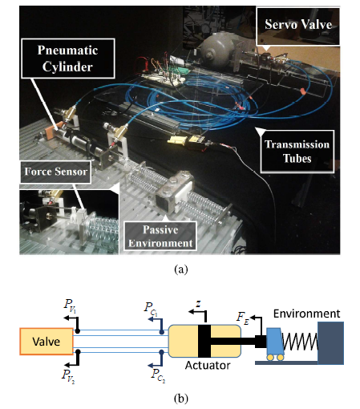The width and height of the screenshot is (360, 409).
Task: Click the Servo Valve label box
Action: pos(298,26)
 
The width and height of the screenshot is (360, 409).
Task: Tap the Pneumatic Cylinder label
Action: pos(68,59)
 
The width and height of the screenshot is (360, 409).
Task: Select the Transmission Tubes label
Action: pos(297,152)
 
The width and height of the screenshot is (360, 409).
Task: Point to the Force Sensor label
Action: pos(55,172)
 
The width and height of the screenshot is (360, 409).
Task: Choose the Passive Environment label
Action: pos(160,237)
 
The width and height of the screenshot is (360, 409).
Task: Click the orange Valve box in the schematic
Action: pos(47,342)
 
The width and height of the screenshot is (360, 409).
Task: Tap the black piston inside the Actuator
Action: pos(204,341)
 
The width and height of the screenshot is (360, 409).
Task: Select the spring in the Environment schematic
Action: pos(300,342)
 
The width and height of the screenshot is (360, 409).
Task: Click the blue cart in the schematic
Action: pos(274,344)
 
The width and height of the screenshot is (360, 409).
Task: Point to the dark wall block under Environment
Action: pos(330,343)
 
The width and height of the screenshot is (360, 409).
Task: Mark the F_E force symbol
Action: pos(243,318)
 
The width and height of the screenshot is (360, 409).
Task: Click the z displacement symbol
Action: pos(198,304)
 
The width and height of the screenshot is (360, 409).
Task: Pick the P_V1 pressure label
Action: pos(70,305)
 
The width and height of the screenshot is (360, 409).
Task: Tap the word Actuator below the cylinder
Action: pos(208,365)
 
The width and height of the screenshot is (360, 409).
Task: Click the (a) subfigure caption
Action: pos(181,269)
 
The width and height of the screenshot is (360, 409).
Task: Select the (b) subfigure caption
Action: pos(181,399)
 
